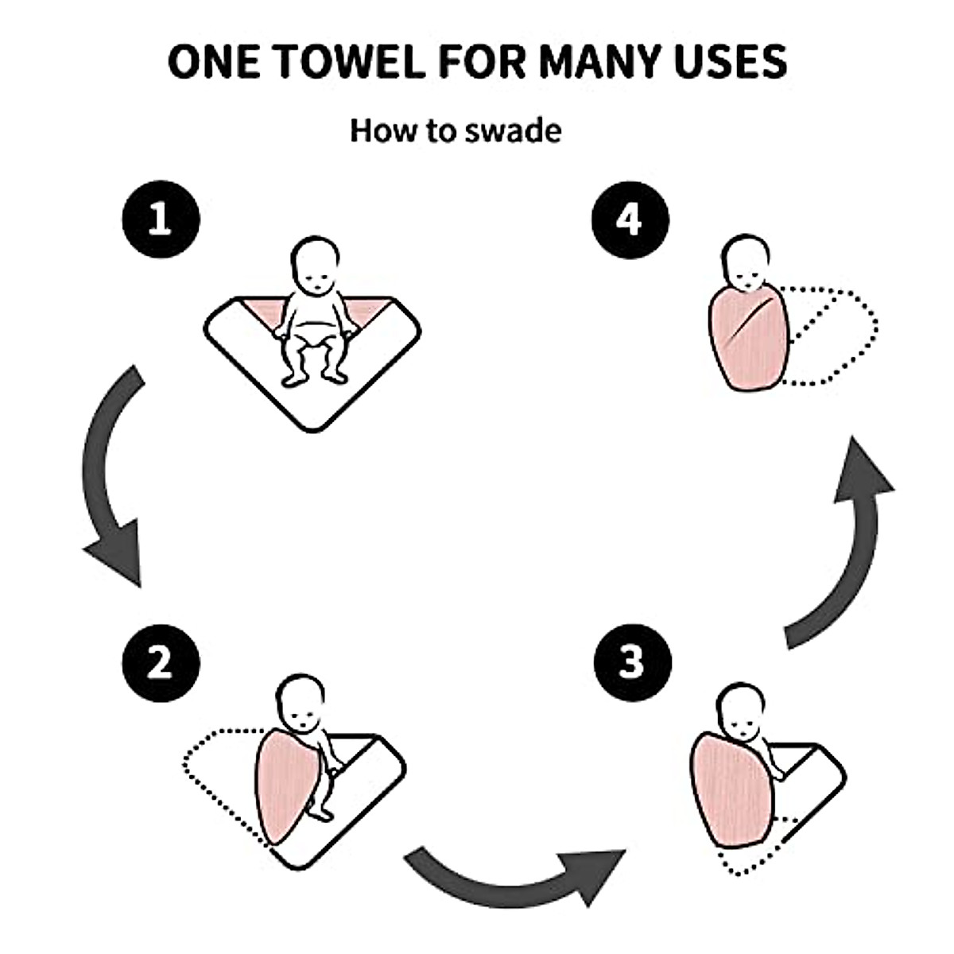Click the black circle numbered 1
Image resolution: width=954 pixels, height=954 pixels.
(161, 219)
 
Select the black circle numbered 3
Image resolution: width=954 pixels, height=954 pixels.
(632, 661)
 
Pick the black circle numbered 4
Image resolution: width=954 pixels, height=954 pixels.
(630, 219)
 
